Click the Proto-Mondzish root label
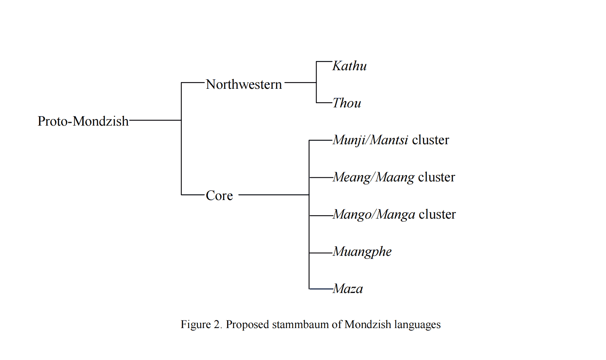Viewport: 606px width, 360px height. coord(83,121)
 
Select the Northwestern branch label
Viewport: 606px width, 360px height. coord(244,84)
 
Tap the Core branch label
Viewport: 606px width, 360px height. coord(219,195)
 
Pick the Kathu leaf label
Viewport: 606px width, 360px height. coord(349,66)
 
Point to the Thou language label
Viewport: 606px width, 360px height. coord(346,103)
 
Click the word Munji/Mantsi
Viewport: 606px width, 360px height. coord(370,140)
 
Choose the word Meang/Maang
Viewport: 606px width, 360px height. coord(373,177)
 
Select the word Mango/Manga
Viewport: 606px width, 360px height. coord(374,214)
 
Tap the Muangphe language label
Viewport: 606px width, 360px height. coord(362,252)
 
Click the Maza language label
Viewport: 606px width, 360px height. coord(348,289)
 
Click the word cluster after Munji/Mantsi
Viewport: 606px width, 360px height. coord(430,140)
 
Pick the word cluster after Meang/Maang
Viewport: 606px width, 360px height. coord(436,177)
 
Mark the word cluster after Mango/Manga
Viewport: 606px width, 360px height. coord(437,214)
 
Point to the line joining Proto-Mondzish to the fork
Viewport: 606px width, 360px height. coord(155,120)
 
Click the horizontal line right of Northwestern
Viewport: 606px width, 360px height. coord(300,82)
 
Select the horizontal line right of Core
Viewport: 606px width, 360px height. coord(274,194)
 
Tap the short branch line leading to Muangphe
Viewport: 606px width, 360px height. coord(321,253)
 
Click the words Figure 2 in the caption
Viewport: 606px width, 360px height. coord(201,325)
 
